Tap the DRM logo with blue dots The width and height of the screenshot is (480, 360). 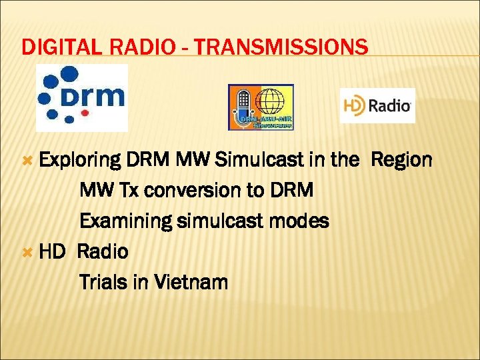pyautogui.click(x=81, y=97)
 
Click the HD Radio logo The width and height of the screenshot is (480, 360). pyautogui.click(x=377, y=105)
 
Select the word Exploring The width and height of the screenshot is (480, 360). pyautogui.click(x=79, y=161)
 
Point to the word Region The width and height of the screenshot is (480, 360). pyautogui.click(x=401, y=161)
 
